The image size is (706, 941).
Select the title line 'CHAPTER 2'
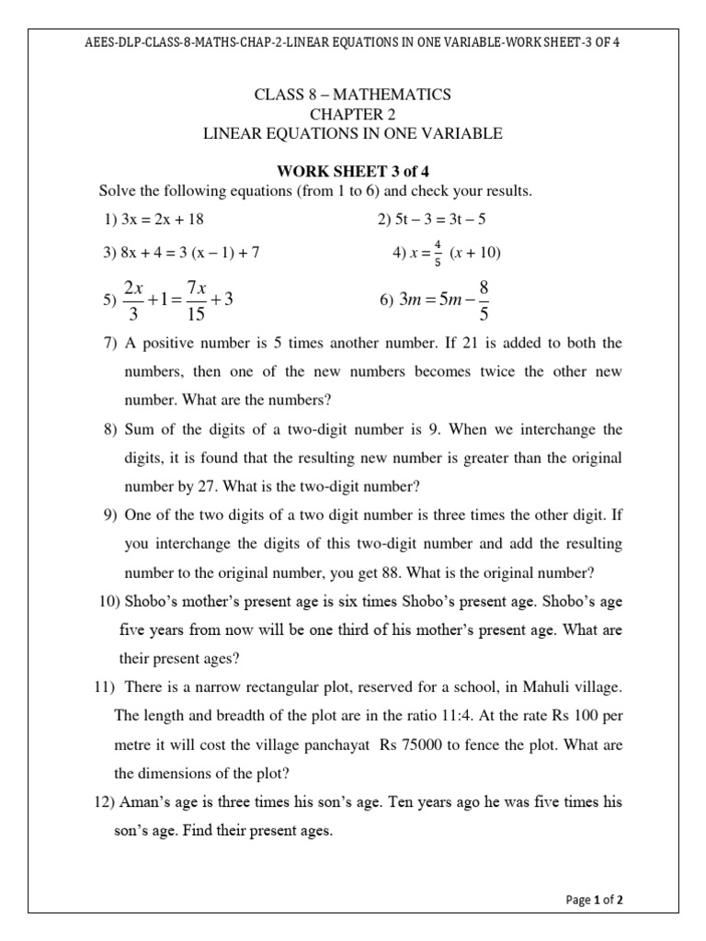[x=352, y=114]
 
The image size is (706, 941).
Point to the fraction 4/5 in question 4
[x=438, y=254]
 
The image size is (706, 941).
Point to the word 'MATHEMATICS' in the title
[x=396, y=94]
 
